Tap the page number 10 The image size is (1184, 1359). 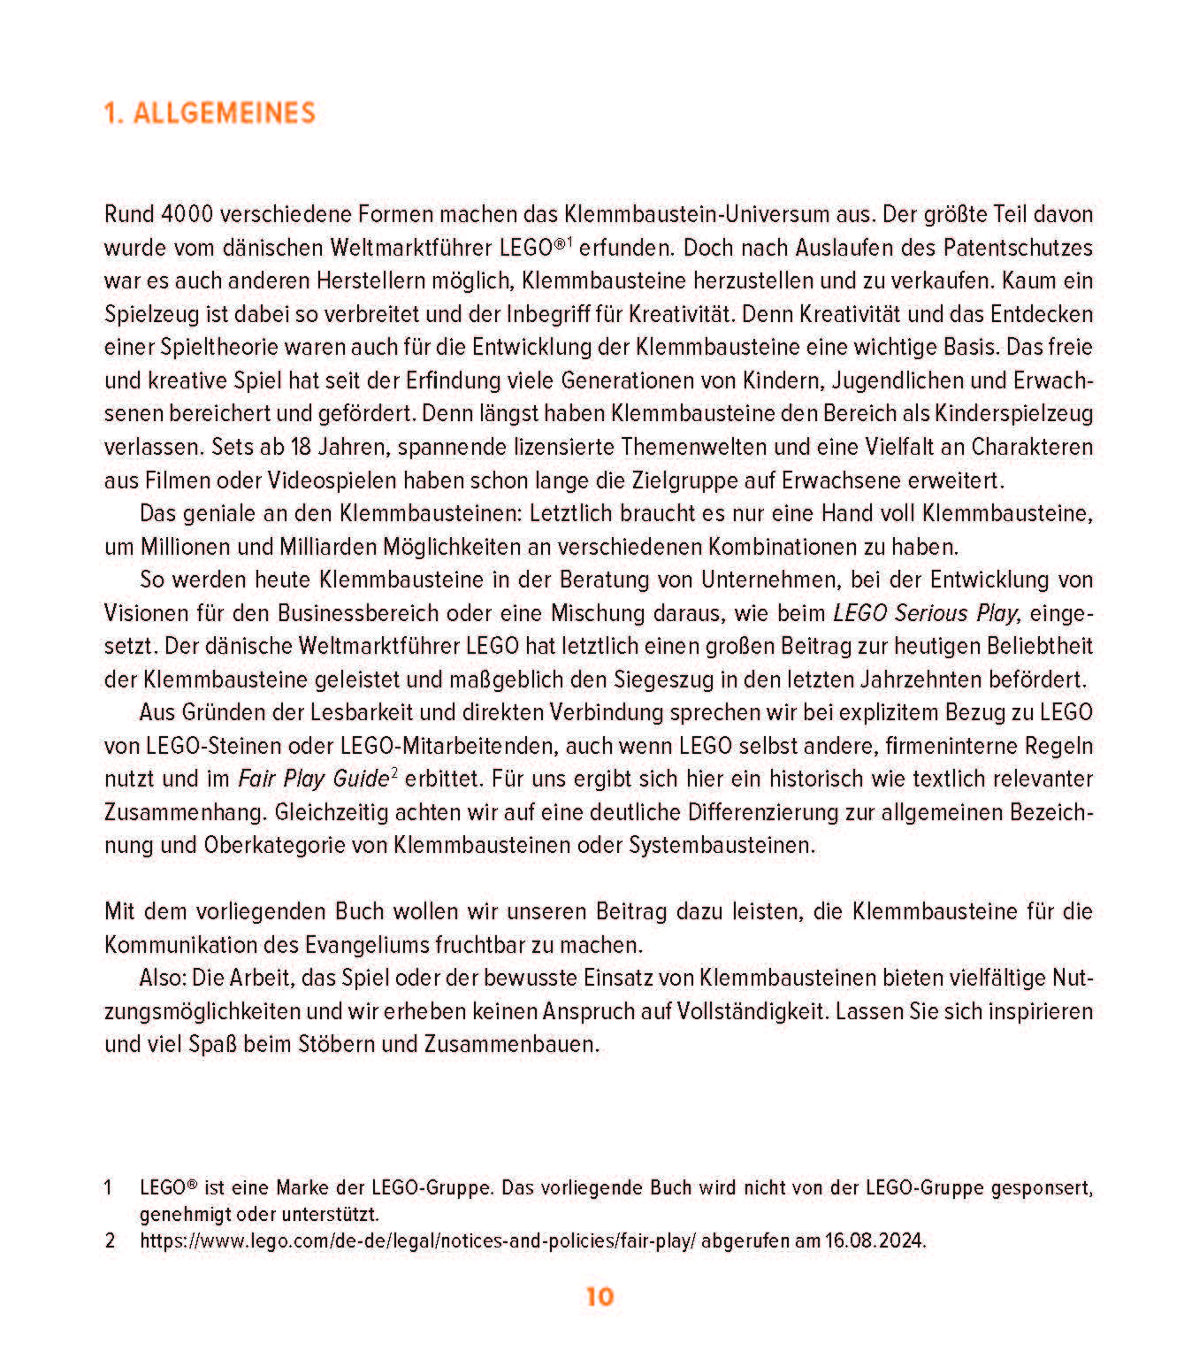(599, 1297)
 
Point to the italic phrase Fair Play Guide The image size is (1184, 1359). (313, 779)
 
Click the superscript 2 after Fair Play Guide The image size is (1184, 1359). (394, 773)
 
